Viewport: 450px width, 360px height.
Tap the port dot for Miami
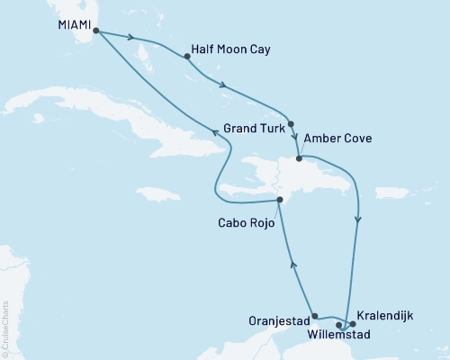pos(95,31)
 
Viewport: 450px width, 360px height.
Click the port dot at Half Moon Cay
pos(187,57)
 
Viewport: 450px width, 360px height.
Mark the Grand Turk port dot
pos(292,124)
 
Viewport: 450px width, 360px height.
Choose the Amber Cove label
pos(337,139)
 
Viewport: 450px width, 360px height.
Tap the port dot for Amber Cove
pos(298,158)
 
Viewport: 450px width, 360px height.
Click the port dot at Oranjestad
pos(314,316)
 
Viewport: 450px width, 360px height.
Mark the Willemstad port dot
pos(339,325)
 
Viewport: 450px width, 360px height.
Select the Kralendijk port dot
pos(352,324)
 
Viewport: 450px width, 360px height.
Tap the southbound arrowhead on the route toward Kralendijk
pos(359,219)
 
